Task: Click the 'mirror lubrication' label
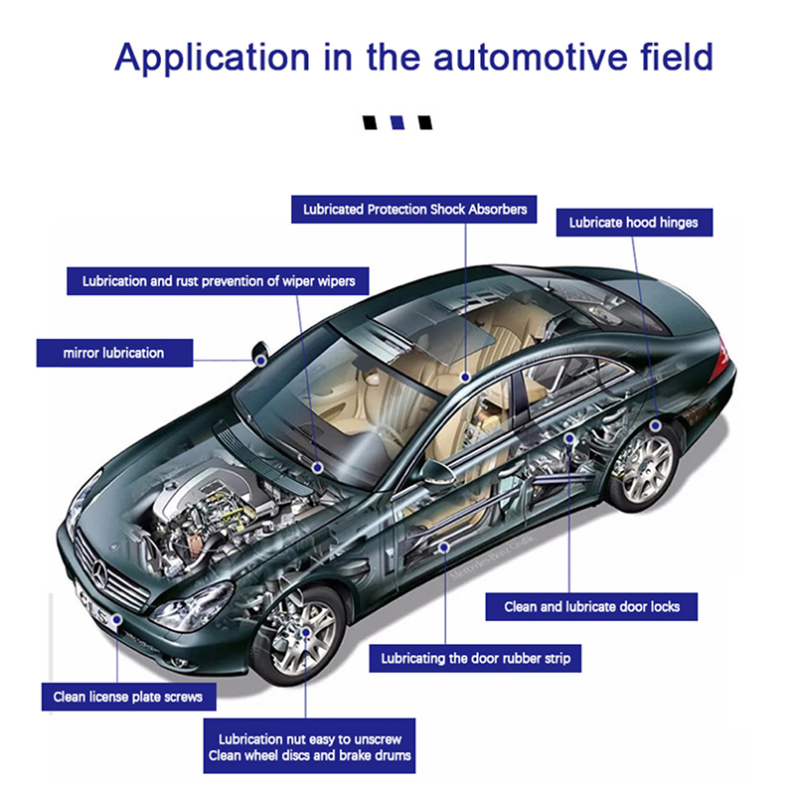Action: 113,353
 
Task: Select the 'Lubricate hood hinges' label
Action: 633,223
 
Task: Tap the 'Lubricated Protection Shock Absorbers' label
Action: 414,210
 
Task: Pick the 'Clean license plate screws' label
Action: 127,697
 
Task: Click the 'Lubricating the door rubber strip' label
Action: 475,658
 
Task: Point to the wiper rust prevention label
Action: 219,281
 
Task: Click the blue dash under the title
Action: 397,124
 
